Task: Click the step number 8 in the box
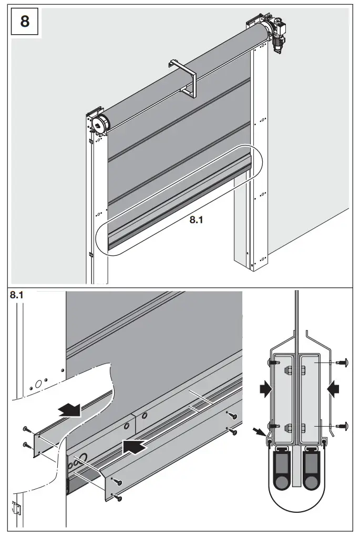(x=25, y=22)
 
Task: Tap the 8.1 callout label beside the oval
(x=196, y=221)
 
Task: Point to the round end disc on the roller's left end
(x=98, y=124)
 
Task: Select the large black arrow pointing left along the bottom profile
(x=133, y=447)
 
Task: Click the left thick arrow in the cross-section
(x=266, y=389)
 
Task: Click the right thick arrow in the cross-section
(x=333, y=389)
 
